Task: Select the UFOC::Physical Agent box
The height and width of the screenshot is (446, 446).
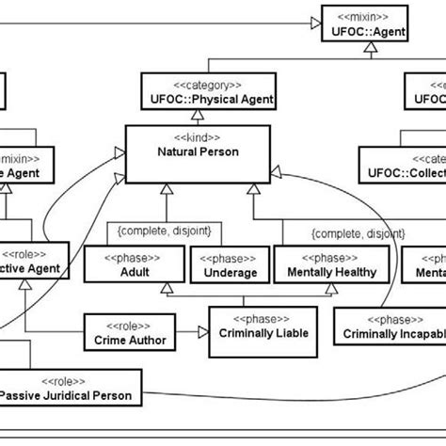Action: [195, 92]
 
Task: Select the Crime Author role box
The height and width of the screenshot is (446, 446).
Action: [124, 329]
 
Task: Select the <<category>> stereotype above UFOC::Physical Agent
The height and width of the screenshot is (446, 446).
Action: [195, 83]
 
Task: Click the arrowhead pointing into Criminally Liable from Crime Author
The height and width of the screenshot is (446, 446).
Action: [202, 330]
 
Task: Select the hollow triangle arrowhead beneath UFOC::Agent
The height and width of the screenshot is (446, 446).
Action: [366, 42]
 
